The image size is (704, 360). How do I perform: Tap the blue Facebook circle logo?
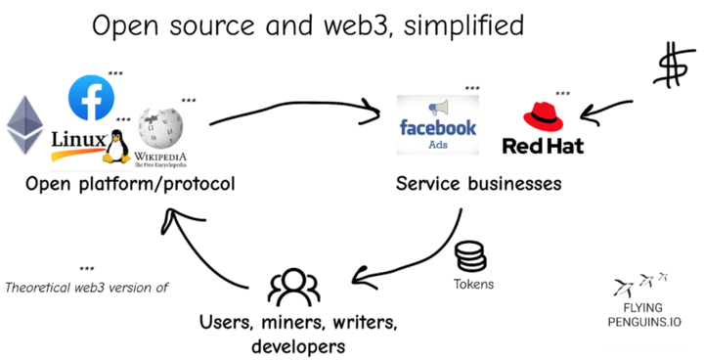click(91, 98)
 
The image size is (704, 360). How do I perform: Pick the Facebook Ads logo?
click(438, 125)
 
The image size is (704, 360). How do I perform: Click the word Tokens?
click(473, 285)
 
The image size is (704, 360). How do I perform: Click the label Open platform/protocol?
click(130, 184)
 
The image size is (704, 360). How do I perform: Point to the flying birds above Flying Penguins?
click(641, 285)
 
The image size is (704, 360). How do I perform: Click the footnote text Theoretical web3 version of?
click(87, 288)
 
